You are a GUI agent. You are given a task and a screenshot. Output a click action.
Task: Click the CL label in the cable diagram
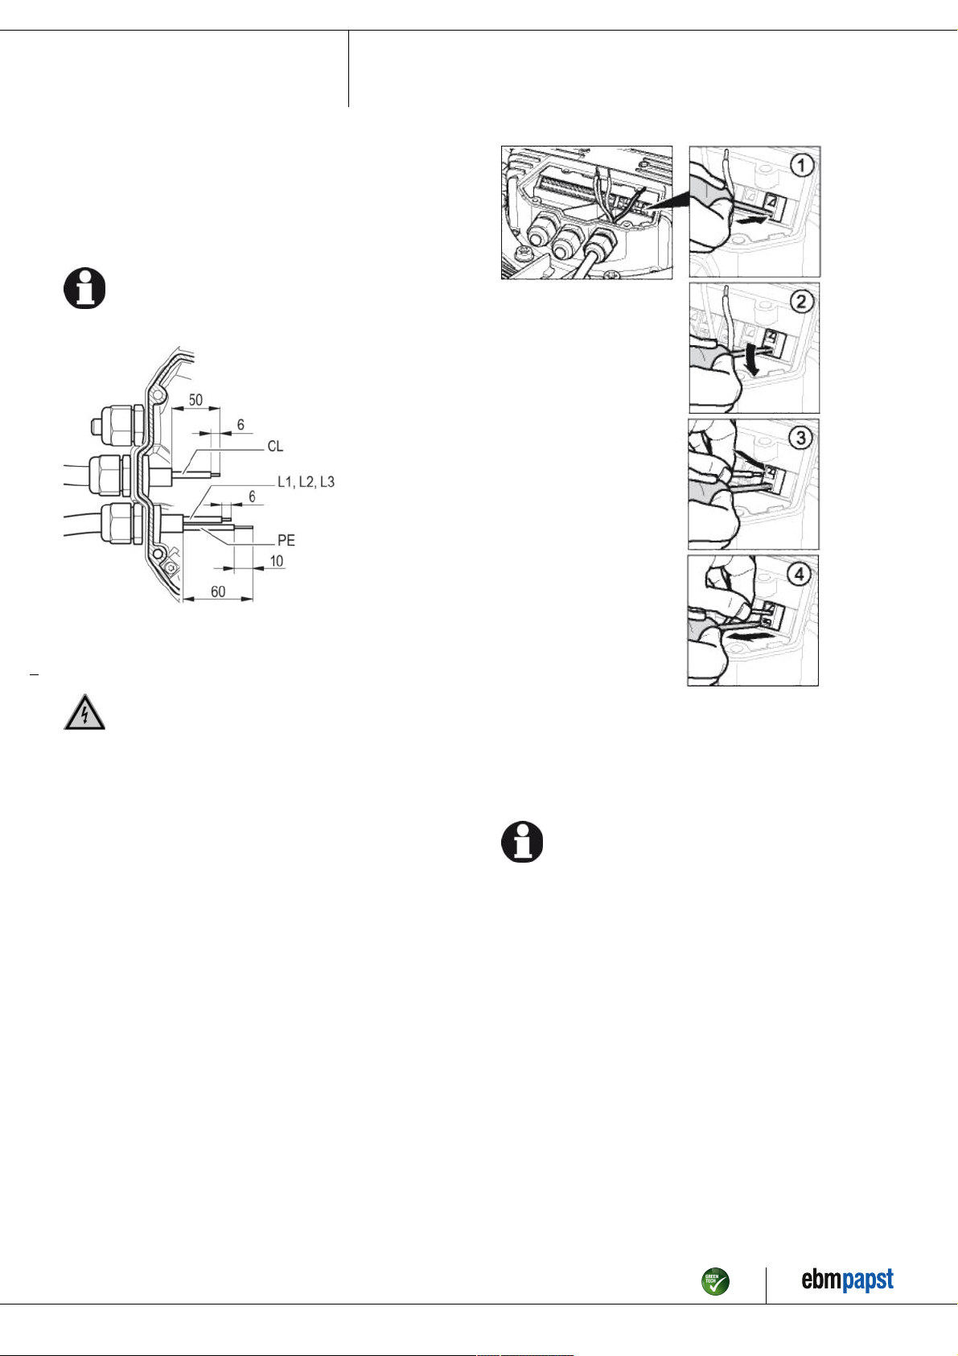click(275, 446)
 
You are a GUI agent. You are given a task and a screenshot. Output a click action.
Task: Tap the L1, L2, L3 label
click(306, 482)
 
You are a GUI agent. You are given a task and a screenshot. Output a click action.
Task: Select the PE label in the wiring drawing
click(286, 540)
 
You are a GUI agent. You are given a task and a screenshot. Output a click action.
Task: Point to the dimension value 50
click(195, 400)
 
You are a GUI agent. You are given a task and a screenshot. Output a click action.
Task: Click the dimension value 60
click(218, 591)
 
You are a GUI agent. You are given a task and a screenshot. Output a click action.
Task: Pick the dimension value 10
click(277, 561)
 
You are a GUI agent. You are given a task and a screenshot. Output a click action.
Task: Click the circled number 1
click(802, 166)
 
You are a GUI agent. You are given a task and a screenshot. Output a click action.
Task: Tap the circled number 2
click(801, 302)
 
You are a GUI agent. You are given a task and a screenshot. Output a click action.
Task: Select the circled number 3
click(800, 438)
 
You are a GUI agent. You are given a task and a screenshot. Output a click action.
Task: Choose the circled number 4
click(800, 574)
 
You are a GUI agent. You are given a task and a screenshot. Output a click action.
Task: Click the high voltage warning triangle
click(84, 712)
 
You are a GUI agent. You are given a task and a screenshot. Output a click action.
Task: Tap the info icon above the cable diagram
click(84, 288)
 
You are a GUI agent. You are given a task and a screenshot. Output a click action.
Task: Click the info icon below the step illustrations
click(522, 842)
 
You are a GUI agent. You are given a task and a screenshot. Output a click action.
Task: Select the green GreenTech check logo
click(715, 1281)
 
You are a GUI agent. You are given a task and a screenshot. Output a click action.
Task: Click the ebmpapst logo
click(847, 1280)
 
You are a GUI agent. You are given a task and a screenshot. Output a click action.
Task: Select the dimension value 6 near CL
click(241, 424)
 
